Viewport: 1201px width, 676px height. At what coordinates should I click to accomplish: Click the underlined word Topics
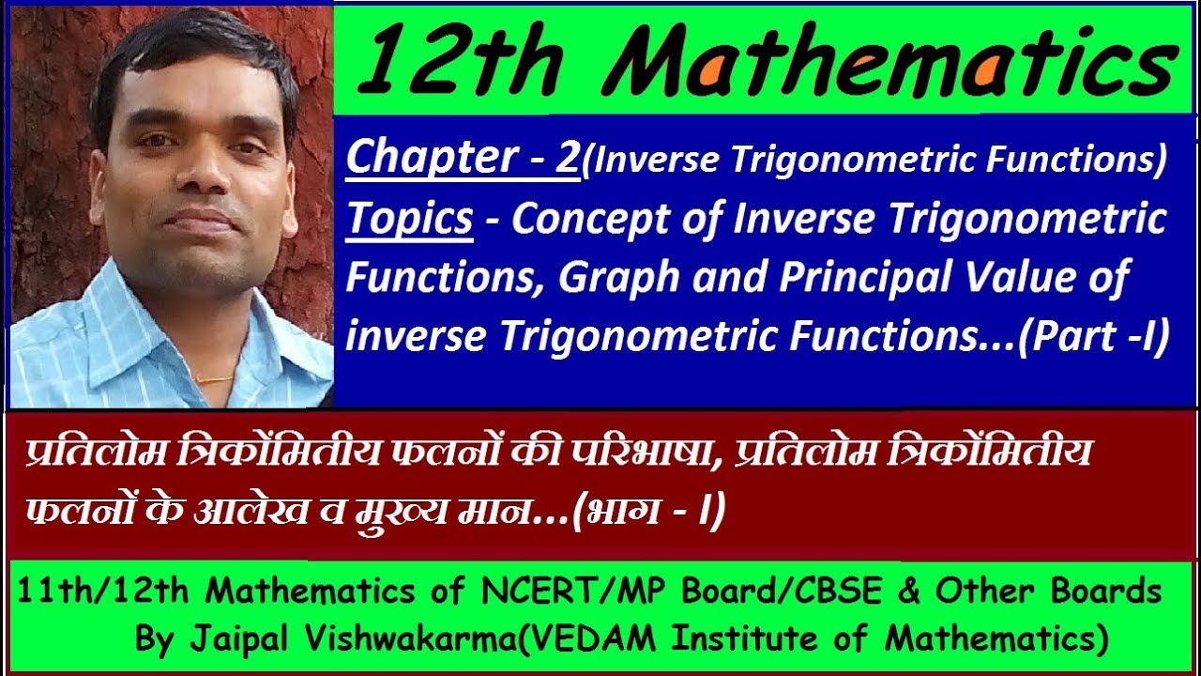(x=410, y=218)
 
